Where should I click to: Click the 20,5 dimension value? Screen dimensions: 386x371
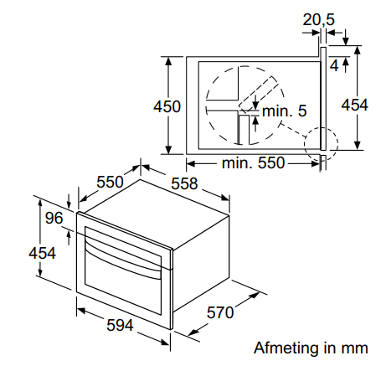coord(318,20)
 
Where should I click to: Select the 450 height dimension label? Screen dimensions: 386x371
coord(167,106)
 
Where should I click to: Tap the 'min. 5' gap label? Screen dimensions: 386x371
coord(285,111)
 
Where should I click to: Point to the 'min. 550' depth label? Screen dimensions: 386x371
coord(253,162)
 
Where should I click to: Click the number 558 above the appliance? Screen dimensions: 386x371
coord(184,183)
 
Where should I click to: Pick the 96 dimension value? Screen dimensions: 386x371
coord(54,218)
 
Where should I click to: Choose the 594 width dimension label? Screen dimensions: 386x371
coord(120,325)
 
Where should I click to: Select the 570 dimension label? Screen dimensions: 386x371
coord(220,312)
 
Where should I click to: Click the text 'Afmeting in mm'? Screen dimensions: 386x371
coord(311,348)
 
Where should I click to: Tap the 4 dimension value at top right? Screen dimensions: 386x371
coord(334,66)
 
